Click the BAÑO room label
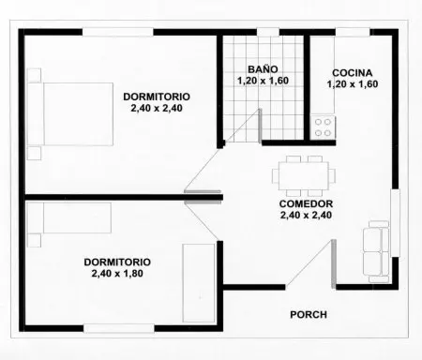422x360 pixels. coord(263,69)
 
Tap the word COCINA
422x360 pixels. coord(353,73)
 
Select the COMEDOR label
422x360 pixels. coord(306,203)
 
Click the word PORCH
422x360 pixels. coord(309,315)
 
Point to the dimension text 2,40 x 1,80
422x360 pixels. coord(117,274)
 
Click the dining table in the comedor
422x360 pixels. coord(304,175)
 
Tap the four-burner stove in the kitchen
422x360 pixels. coord(323,127)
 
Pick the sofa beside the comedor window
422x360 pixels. coord(376,251)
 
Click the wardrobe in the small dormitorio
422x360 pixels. coord(199,283)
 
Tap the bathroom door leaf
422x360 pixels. coord(260,126)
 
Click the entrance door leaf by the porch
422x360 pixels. coord(334,263)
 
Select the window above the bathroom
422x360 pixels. coord(268,32)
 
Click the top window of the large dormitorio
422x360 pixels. coord(118,32)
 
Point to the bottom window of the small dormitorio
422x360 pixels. coord(119,328)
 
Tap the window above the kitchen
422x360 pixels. coord(353,32)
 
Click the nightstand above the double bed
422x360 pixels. coord(34,75)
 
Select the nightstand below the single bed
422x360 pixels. coord(34,240)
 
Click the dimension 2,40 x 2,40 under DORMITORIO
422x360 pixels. coord(157,108)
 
